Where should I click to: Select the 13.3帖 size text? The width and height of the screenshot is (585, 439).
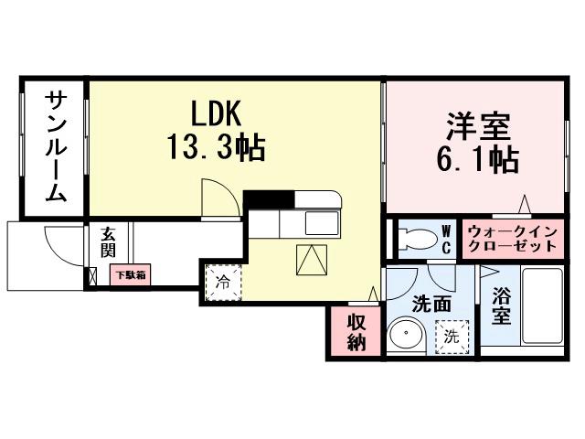[215, 146]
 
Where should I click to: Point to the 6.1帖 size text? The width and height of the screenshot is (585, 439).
[477, 161]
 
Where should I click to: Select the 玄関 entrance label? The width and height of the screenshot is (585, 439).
[109, 242]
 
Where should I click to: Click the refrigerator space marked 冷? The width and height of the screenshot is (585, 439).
[223, 282]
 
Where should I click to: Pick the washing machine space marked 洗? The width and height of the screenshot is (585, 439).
[452, 336]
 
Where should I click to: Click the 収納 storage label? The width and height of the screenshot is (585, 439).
[356, 332]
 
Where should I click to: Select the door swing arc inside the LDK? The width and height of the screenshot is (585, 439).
[218, 197]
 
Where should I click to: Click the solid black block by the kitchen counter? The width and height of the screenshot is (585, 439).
[268, 199]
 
